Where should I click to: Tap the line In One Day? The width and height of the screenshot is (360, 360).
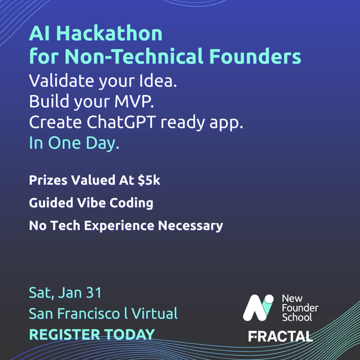pyautogui.click(x=74, y=144)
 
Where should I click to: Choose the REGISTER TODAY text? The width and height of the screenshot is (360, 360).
pyautogui.click(x=92, y=334)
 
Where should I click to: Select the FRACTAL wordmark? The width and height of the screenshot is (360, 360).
pyautogui.click(x=280, y=336)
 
